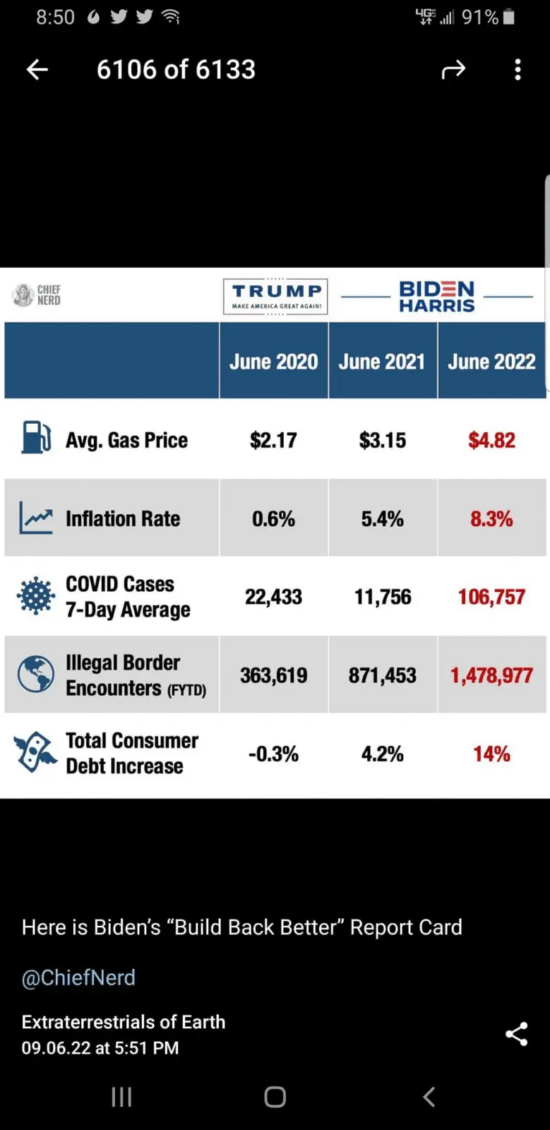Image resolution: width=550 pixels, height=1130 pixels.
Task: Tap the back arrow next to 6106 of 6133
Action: point(37,69)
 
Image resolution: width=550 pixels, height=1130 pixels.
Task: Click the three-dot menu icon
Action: point(518,69)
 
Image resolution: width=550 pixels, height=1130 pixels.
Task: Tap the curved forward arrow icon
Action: point(453,69)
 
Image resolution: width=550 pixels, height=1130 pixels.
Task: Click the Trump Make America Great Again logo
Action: point(275,297)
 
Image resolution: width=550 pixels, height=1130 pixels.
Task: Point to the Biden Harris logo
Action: point(437,297)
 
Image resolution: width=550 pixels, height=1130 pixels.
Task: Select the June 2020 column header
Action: point(274,362)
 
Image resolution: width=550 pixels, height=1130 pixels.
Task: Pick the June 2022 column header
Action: point(491,362)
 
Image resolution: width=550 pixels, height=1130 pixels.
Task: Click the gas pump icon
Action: point(35,437)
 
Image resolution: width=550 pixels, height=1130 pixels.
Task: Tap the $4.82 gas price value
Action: point(491,441)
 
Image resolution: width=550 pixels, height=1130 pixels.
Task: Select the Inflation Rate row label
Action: point(123,519)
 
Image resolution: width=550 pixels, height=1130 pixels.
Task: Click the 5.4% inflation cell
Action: point(382,519)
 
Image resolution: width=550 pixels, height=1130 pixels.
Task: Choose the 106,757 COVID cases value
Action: point(491,597)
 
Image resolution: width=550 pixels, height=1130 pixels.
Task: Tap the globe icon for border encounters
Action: point(36,674)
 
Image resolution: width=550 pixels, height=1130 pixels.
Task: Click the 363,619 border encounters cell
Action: point(274,676)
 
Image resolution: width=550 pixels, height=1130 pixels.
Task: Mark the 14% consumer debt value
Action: point(491,754)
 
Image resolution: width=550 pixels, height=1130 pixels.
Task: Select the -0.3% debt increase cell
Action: point(274,754)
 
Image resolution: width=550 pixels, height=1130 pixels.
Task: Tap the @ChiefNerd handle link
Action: point(78,977)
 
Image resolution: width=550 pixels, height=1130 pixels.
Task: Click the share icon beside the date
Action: point(517,1034)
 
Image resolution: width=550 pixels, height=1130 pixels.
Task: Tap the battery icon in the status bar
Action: point(509,17)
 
